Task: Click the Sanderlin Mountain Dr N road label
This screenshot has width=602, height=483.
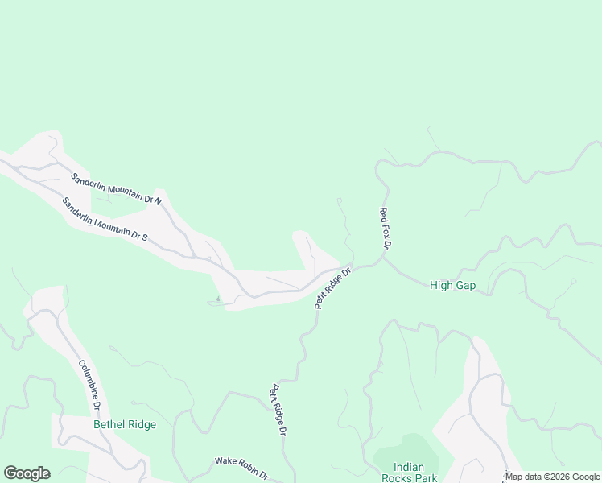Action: point(116,188)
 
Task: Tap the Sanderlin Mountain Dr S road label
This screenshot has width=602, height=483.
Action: point(105,220)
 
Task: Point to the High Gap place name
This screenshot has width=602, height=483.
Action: point(453,285)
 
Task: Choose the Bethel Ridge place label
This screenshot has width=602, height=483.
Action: point(125,424)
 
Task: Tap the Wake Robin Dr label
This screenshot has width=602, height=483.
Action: point(241,467)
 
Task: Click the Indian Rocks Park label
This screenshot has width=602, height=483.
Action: point(415,473)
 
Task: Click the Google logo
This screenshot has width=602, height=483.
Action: point(27,473)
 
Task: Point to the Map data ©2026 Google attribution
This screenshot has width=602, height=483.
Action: point(553,477)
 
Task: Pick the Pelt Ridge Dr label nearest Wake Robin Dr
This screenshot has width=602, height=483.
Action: point(278,410)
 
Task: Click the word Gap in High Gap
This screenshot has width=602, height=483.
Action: point(467,285)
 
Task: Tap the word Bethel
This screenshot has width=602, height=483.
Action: point(109,424)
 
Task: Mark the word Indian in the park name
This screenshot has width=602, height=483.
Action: point(408,467)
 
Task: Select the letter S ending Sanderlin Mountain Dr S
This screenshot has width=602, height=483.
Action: point(145,238)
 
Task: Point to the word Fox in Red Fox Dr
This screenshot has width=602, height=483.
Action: point(384,229)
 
